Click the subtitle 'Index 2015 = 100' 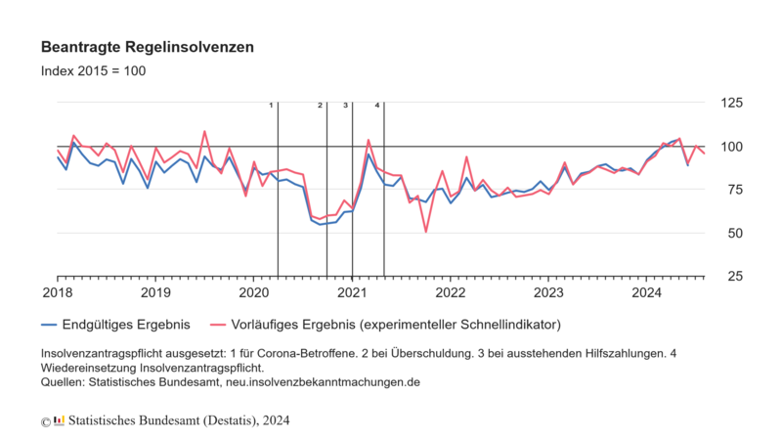(94, 71)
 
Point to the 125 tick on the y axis (729, 103)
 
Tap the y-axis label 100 (729, 147)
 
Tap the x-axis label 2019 (154, 292)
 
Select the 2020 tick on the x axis (253, 292)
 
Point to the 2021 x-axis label (352, 292)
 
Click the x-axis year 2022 (450, 292)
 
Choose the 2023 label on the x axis (548, 292)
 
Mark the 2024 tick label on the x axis (647, 292)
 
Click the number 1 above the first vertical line (271, 105)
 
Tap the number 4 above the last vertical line (377, 105)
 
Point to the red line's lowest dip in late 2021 (425, 232)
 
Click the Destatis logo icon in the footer (60, 419)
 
